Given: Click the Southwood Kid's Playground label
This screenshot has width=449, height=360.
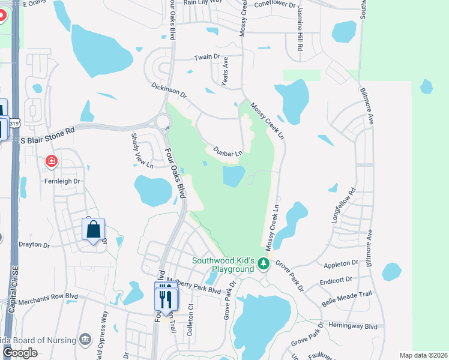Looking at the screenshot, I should (x=223, y=265).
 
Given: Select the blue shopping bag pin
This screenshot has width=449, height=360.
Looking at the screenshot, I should (x=93, y=230).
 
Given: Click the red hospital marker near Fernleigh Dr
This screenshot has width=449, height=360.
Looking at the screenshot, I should (x=52, y=161).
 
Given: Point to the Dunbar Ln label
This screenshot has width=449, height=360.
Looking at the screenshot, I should (x=226, y=152).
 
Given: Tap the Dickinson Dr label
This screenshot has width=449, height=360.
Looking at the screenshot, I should (x=169, y=91).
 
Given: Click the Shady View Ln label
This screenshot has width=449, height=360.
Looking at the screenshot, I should (x=138, y=149).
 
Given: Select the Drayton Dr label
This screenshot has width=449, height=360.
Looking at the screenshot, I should (x=34, y=245).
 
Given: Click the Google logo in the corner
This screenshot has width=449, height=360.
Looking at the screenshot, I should (x=20, y=352).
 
